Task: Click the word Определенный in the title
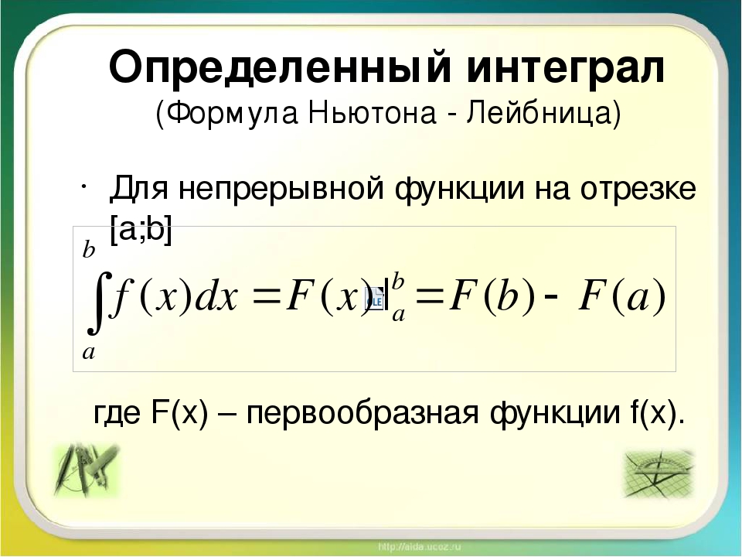click(281, 68)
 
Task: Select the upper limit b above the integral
click(88, 250)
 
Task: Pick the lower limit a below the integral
click(88, 353)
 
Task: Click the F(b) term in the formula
click(492, 298)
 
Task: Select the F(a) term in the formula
click(622, 298)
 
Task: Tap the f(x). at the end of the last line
click(658, 413)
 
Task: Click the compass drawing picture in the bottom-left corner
click(86, 470)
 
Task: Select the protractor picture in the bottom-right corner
click(659, 473)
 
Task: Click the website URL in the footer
click(419, 547)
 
